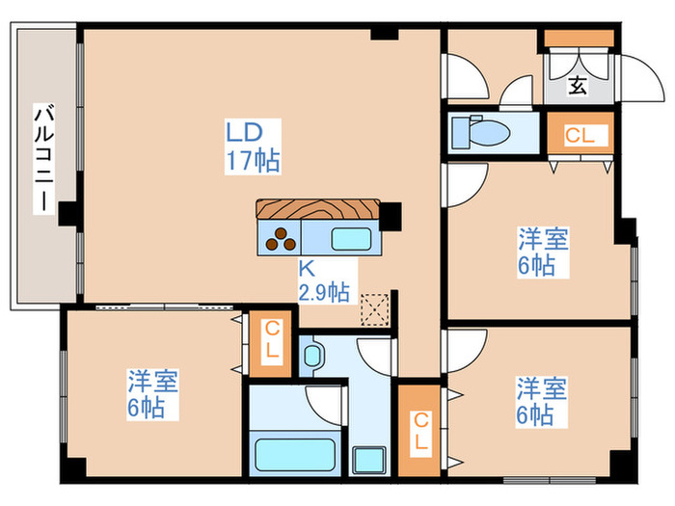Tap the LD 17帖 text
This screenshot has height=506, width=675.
(253, 146)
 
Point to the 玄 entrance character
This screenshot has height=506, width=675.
(577, 86)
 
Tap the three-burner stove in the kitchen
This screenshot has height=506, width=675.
(280, 236)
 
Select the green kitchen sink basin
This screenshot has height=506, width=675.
(348, 237)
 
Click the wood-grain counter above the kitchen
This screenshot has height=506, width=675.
(317, 209)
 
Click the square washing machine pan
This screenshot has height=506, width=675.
(368, 459)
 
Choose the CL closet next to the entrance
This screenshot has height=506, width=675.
(580, 135)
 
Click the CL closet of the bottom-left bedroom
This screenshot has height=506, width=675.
(271, 342)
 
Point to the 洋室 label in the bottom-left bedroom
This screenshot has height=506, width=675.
(152, 382)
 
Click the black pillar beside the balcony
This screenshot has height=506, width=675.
(67, 213)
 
